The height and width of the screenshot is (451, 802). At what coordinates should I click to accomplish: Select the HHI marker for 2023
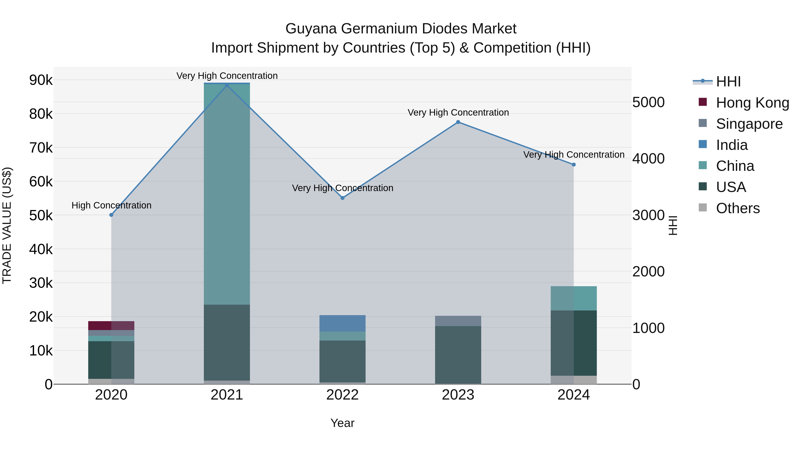[458, 122]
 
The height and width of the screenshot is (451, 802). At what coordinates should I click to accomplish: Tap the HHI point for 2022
[342, 198]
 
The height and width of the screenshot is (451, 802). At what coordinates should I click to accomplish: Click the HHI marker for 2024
[574, 165]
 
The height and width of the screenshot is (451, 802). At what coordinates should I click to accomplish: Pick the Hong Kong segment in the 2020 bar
[111, 326]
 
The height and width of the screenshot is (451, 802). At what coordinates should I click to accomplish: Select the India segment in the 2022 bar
[342, 323]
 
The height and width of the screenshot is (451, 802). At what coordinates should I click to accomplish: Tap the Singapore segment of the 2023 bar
[458, 321]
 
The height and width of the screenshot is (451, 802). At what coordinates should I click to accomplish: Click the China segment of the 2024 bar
[574, 298]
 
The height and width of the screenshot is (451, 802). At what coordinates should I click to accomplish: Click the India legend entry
[731, 145]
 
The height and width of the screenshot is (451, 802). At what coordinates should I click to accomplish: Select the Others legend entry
[738, 208]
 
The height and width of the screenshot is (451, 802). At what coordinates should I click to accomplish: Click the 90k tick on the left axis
[41, 80]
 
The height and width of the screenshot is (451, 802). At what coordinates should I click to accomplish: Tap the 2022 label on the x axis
[342, 395]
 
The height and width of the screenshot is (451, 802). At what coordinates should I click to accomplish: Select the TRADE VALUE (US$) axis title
[7, 225]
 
